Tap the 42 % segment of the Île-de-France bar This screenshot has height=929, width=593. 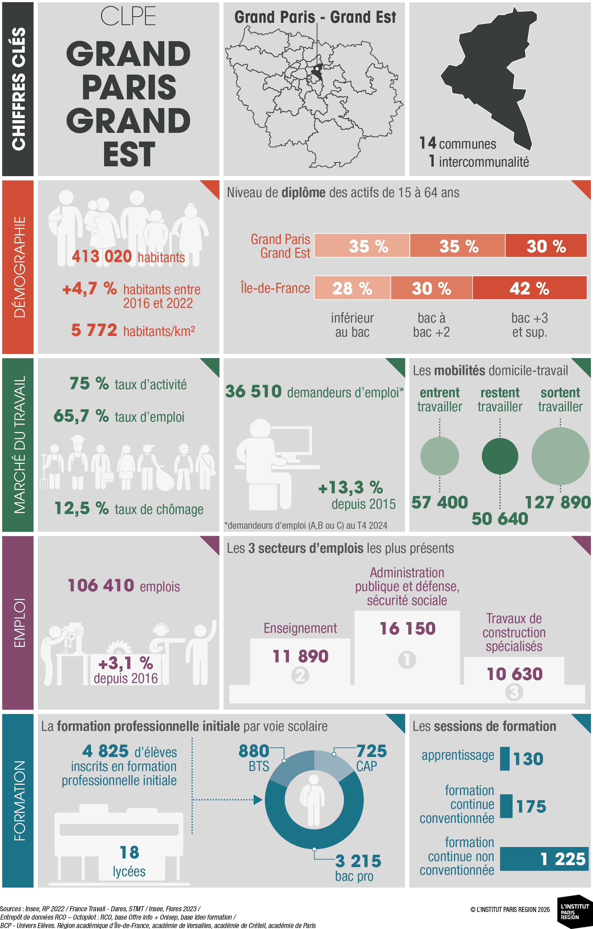(x=529, y=288)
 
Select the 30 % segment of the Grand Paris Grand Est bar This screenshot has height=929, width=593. (x=545, y=246)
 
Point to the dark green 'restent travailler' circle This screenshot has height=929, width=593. (x=500, y=456)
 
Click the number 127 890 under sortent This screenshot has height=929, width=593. (x=558, y=502)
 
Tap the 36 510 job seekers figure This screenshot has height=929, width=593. (x=253, y=392)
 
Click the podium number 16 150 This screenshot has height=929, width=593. (x=407, y=629)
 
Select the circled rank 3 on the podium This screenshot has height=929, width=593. (x=514, y=692)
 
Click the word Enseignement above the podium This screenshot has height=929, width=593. (x=300, y=628)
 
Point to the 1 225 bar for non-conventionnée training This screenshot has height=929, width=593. (x=544, y=859)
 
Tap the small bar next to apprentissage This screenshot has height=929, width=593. (x=505, y=758)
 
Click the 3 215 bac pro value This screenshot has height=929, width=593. (x=358, y=861)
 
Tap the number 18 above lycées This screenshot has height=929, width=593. (x=129, y=852)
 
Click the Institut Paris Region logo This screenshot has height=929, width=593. (x=574, y=912)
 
